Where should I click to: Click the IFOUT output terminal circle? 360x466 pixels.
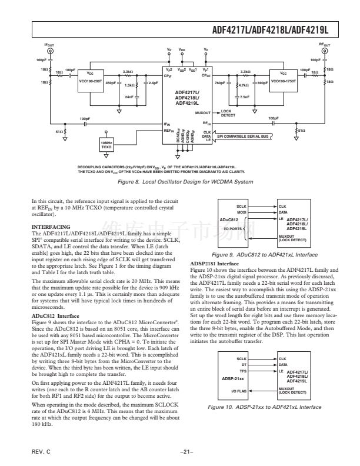click(x=49, y=52)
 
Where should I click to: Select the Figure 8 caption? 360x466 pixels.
click(x=180, y=183)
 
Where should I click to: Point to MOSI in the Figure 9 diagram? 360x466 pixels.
click(x=241, y=212)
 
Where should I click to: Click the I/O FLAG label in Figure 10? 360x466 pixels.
click(x=238, y=374)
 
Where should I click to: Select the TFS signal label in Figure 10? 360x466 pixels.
click(x=242, y=355)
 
